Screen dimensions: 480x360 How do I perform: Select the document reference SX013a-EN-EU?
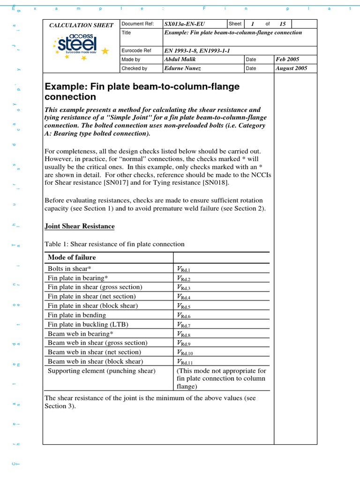click(185, 24)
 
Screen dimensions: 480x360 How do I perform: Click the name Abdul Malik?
click(179, 60)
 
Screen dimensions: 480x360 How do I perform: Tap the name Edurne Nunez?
click(182, 68)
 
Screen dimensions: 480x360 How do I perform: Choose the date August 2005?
click(292, 68)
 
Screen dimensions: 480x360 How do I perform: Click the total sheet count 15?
click(282, 24)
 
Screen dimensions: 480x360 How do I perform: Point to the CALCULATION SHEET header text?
click(82, 25)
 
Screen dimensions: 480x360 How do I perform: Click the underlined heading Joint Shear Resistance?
click(79, 226)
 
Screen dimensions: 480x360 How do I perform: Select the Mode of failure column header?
click(72, 257)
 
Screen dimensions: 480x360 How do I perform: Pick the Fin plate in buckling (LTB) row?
click(88, 324)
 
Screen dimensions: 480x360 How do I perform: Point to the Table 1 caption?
click(114, 244)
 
